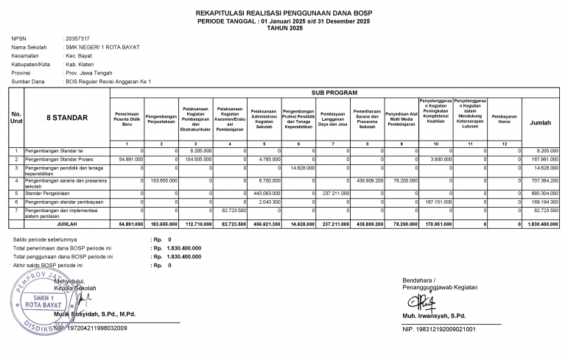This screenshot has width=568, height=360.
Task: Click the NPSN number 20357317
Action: [x=77, y=38]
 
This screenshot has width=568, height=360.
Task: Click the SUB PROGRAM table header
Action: [x=335, y=93]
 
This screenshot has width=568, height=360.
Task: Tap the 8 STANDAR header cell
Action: [x=67, y=118]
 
